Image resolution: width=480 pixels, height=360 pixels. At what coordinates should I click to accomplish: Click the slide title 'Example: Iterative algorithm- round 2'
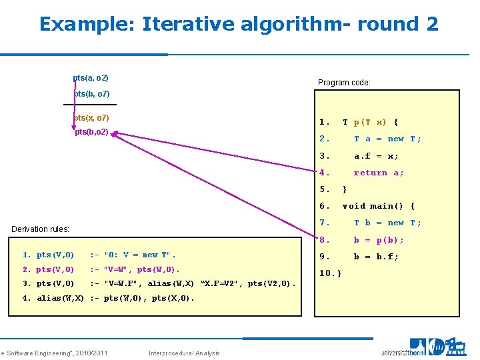tap(239, 24)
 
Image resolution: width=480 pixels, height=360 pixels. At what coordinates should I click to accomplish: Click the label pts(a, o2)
tap(91, 79)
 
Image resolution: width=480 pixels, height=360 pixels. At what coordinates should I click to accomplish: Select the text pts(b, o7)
tap(92, 94)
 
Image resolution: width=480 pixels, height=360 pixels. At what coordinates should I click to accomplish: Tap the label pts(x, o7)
tap(92, 118)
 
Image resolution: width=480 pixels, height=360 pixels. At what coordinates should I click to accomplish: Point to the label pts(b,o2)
tap(91, 133)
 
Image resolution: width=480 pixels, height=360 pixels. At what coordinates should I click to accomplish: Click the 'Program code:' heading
tap(344, 83)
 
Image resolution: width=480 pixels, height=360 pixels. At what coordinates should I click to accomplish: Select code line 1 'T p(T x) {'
tap(370, 122)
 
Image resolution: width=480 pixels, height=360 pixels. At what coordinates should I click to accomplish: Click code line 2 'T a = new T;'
tap(387, 139)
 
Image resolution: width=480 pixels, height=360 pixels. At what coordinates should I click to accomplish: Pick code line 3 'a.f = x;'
tap(376, 156)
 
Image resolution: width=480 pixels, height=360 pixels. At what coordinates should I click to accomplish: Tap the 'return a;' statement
tap(379, 173)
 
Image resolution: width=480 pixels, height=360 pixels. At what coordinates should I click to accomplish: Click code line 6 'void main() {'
tap(378, 206)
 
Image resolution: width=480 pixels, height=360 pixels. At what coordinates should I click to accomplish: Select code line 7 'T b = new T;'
tap(387, 223)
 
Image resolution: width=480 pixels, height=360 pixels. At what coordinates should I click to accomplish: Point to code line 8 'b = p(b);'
tap(378, 240)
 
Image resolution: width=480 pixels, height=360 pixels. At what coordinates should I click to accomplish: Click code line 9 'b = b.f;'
tap(376, 257)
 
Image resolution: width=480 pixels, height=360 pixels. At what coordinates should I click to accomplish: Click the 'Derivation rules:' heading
tap(41, 229)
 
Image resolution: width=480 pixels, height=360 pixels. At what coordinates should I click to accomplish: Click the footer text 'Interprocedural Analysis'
tap(185, 353)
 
